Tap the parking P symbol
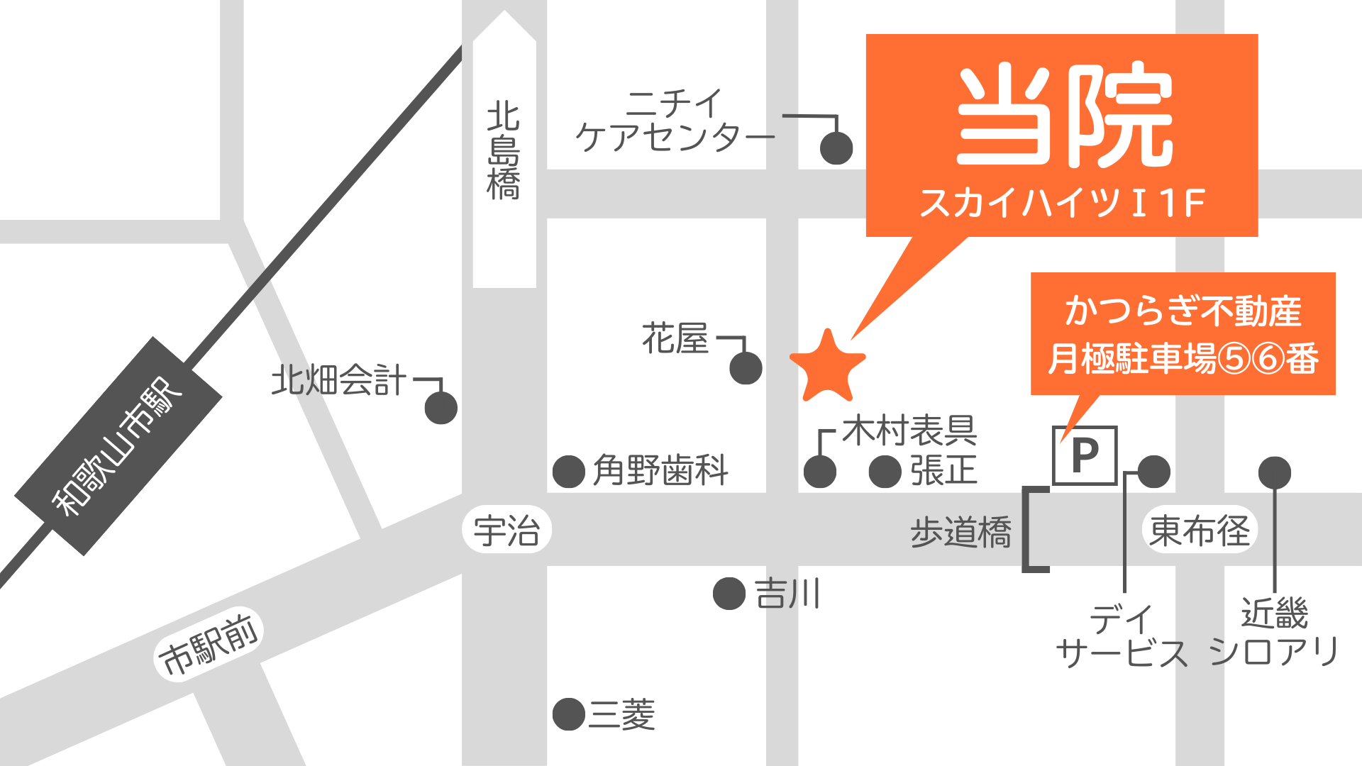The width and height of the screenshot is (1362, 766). coord(1085,455)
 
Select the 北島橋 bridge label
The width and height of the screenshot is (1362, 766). coord(504,151)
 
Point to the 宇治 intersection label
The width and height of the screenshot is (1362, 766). coord(506,531)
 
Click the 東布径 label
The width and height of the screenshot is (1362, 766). coord(1200,531)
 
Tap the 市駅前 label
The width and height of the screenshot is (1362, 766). coord(209,645)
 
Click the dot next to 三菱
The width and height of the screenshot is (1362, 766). coord(568,714)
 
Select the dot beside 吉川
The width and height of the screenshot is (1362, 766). coord(729,594)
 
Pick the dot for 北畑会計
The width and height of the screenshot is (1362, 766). coord(441,408)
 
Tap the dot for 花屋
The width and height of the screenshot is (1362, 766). coord(746,368)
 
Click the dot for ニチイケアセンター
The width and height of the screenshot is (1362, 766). coord(836,148)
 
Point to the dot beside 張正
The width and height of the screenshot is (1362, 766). coord(885,472)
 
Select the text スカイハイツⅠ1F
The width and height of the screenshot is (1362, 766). coord(1062,203)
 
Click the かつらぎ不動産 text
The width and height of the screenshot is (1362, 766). coord(1183,311)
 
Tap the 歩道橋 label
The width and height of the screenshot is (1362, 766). coord(960,532)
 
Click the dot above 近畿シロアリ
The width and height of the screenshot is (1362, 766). coord(1274,472)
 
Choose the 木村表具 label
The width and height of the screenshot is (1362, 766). coord(909,431)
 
